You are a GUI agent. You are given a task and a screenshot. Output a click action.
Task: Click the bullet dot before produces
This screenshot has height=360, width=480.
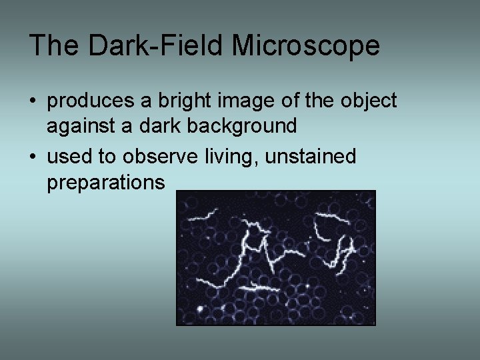coord(33,101)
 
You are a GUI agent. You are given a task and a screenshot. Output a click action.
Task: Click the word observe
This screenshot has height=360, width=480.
coord(154,157)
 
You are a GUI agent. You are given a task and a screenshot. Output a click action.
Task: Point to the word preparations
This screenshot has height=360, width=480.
coord(105,183)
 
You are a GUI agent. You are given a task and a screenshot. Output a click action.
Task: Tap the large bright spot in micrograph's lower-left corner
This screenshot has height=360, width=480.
coord(199,309)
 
